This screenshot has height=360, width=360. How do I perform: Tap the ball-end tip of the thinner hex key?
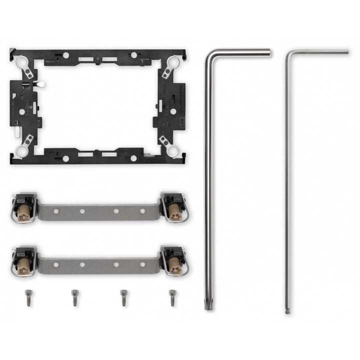[x=287, y=311]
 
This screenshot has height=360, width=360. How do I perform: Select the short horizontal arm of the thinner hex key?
[x=320, y=52]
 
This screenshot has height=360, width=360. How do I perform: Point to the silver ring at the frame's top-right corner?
[x=173, y=62]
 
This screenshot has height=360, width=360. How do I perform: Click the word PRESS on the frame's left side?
[x=29, y=105]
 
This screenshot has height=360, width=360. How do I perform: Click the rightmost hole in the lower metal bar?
[x=143, y=264]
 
